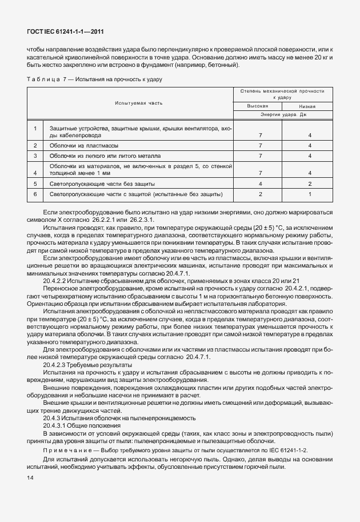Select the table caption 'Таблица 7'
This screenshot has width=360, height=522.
[45, 79]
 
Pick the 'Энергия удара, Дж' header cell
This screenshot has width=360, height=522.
[283, 115]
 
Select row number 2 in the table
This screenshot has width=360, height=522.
[35, 146]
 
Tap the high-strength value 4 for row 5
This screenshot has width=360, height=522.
[260, 184]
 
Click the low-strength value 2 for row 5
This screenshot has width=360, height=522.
[309, 184]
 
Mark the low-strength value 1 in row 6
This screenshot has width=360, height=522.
[309, 194]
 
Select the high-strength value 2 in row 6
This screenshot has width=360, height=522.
[260, 194]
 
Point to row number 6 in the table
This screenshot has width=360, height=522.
[35, 194]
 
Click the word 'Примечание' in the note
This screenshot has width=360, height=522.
[65, 451]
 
